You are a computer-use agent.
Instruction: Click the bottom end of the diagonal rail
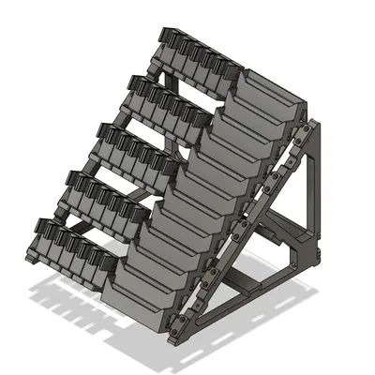pos(178,328)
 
